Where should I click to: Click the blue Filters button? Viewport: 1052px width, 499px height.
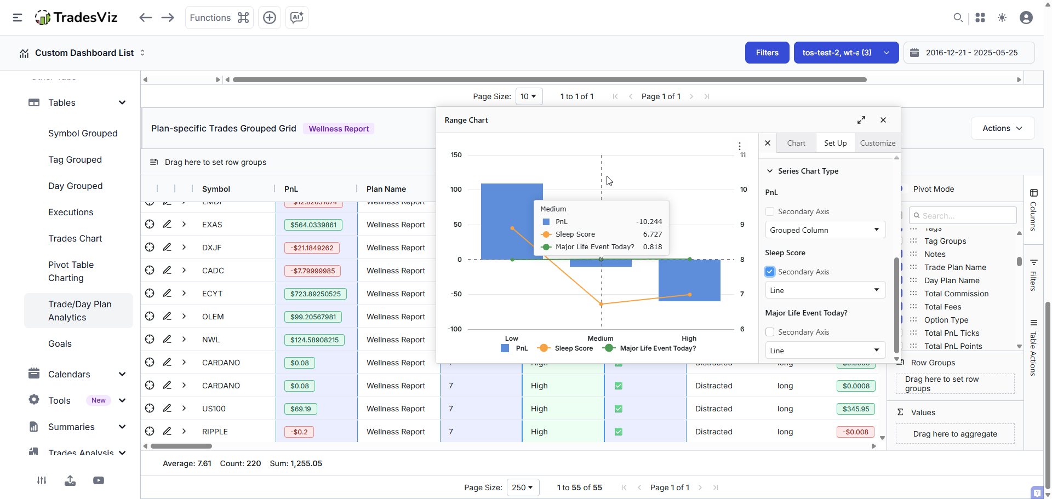click(767, 53)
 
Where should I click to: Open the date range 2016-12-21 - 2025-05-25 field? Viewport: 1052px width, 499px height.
click(969, 53)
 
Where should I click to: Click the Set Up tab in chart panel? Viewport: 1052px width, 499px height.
click(835, 143)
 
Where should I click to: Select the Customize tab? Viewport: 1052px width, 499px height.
click(877, 143)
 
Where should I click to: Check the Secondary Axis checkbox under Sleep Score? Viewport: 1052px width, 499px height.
click(770, 272)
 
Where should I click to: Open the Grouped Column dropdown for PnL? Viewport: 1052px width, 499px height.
click(825, 230)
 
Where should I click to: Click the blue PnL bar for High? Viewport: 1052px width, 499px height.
click(689, 280)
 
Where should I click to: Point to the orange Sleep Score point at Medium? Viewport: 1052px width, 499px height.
click(601, 304)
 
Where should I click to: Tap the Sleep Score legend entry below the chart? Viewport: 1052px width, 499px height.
click(567, 348)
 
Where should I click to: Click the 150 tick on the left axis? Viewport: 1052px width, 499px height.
click(456, 155)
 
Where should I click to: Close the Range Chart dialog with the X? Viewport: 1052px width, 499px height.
click(883, 120)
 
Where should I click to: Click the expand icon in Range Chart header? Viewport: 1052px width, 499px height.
click(861, 120)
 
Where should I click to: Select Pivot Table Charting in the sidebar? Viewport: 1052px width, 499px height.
click(71, 271)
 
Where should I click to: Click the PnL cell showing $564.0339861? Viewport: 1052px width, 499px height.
click(313, 225)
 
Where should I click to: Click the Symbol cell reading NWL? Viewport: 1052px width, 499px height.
click(211, 340)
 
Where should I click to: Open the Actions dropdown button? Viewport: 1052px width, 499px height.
click(1002, 128)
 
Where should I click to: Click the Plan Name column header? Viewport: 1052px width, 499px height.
click(386, 189)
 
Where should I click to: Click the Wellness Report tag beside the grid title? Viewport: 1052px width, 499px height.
click(339, 129)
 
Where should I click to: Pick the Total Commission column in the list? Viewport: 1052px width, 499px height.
click(956, 294)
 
